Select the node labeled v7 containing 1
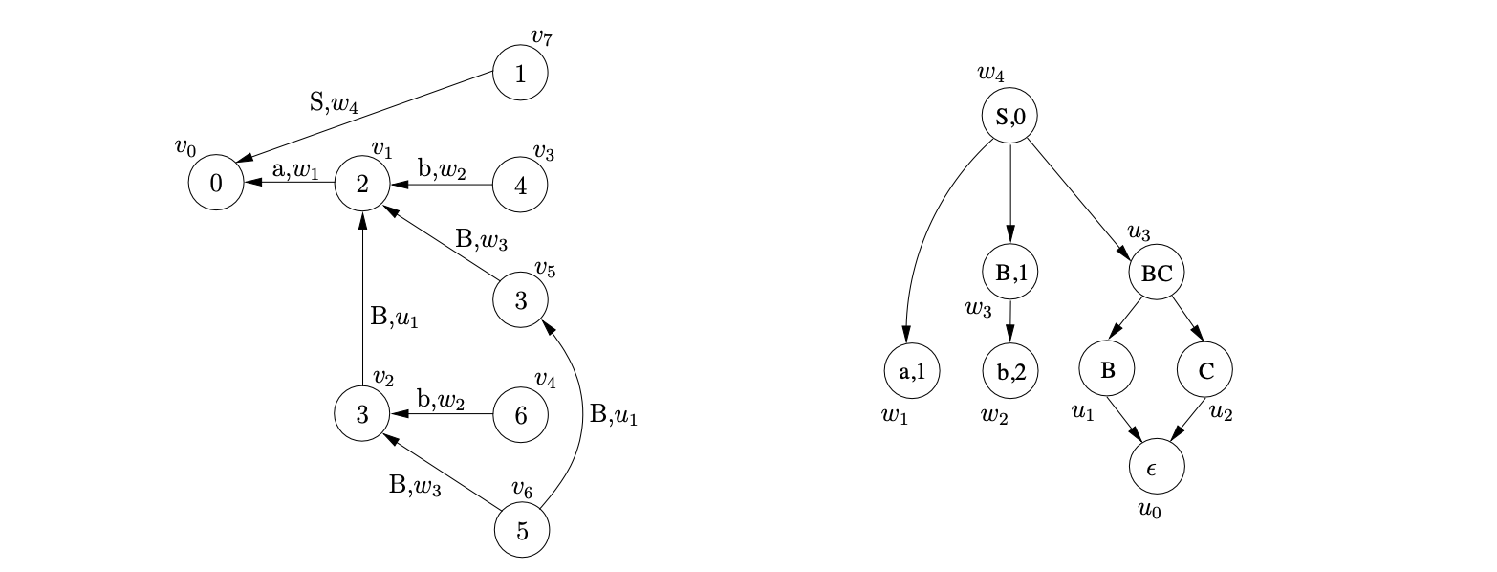[520, 75]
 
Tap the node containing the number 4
[520, 185]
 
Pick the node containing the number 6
[520, 415]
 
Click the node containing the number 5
[522, 530]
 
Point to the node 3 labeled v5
[520, 300]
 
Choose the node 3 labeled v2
[362, 415]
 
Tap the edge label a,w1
[293, 169]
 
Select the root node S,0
[1009, 117]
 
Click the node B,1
[1010, 273]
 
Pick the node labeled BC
[1157, 273]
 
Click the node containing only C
[1205, 371]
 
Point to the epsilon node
[1157, 468]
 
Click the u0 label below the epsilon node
[1149, 510]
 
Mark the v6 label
[521, 488]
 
